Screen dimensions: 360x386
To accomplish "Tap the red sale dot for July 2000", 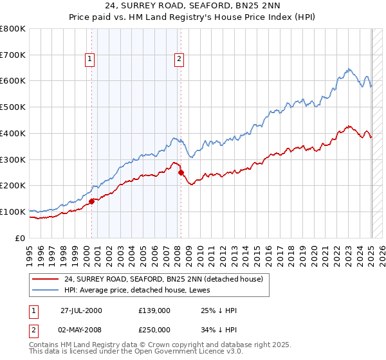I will (92, 201).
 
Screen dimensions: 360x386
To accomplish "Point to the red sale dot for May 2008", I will (181, 172).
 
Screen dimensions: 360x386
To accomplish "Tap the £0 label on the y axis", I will (20, 238).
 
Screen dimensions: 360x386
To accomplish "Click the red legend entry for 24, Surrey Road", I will (163, 280).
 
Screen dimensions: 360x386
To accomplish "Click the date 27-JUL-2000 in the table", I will (81, 310).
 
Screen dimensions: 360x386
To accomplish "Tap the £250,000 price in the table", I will (154, 330).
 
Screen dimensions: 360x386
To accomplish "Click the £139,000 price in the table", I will (154, 310).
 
